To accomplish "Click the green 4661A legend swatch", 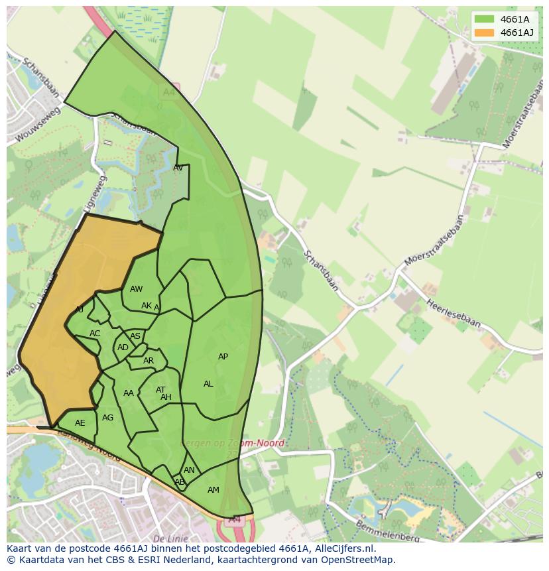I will click(483, 19).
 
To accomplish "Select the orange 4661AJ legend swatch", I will click(483, 32).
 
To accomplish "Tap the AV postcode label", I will click(178, 168).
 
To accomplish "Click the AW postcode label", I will click(136, 289).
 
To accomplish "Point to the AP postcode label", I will click(223, 357).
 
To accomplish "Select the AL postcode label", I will click(208, 384).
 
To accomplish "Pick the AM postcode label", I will click(213, 490).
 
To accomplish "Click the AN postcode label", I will click(189, 470).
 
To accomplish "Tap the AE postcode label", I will click(80, 423).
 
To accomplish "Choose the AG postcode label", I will click(107, 418).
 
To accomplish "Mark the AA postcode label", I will click(129, 393).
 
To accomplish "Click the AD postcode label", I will click(123, 348).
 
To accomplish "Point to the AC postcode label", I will click(95, 334).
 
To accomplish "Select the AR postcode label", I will click(149, 361).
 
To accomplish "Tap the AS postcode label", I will click(135, 336).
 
